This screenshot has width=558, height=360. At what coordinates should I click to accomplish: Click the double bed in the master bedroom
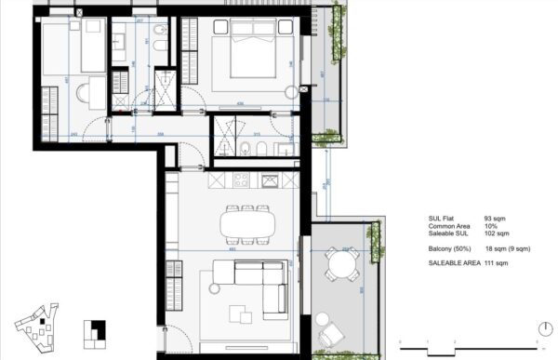[249, 53]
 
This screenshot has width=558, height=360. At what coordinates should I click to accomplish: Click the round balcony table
[340, 269]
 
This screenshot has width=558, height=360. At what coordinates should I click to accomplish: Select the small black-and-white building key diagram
[94, 331]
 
